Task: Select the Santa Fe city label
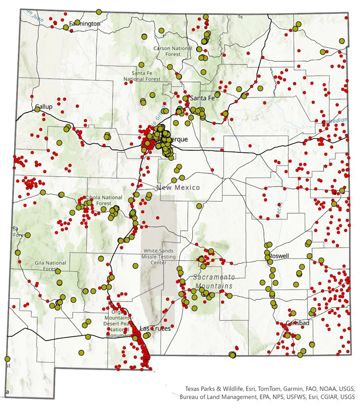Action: coord(202,98)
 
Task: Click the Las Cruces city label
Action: coord(154,328)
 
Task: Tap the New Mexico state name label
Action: coord(177,187)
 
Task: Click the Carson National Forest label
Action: coord(173,51)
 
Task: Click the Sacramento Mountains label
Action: coord(214,281)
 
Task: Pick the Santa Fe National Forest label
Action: coord(142,76)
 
